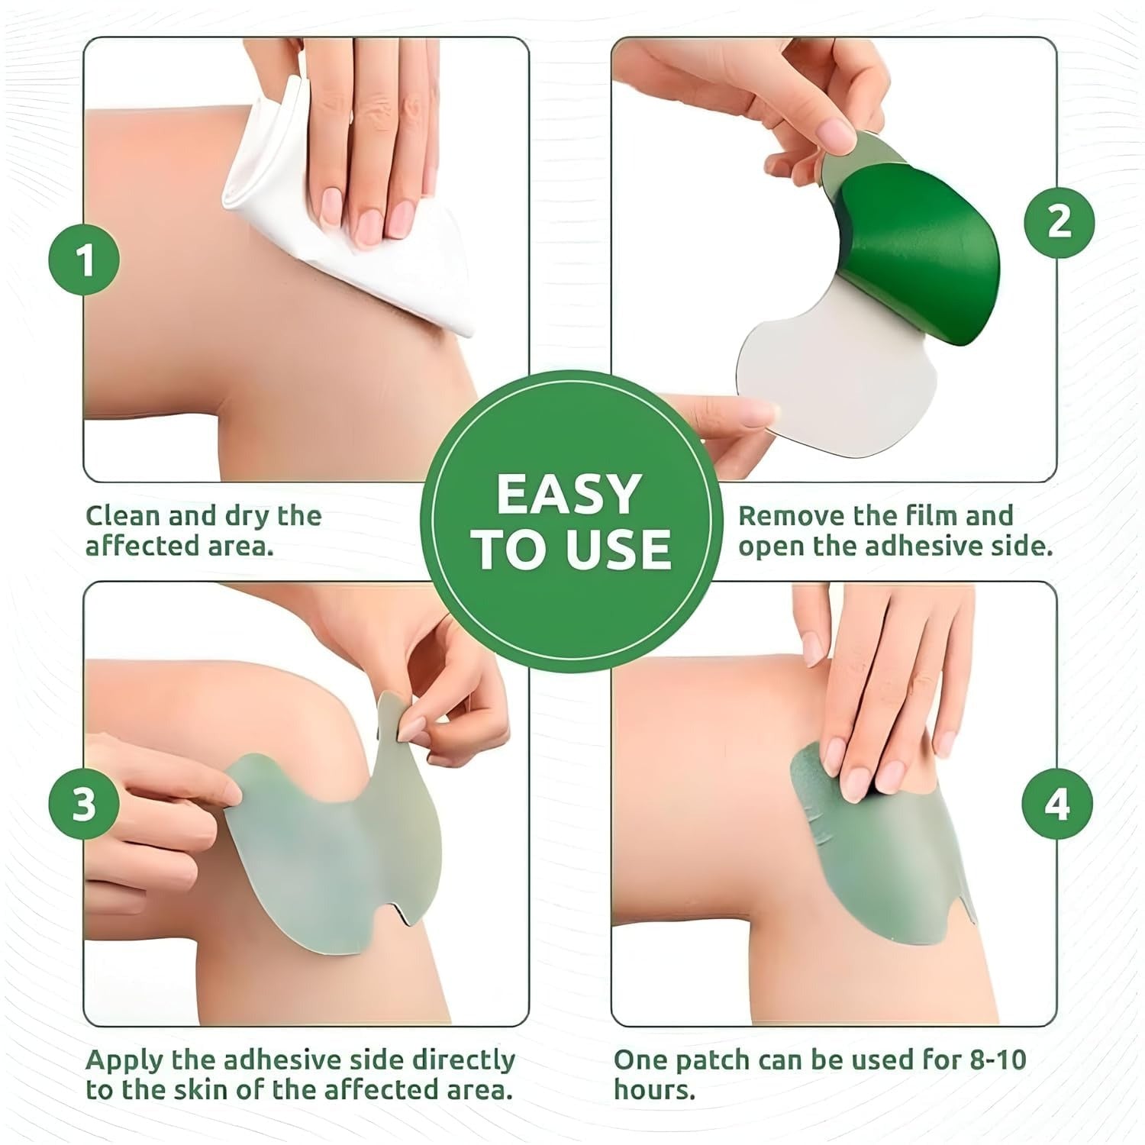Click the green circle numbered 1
[x=85, y=260]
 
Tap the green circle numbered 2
[x=1059, y=222]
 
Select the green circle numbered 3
[x=85, y=804]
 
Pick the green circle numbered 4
[x=1057, y=804]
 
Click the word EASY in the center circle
[x=569, y=495]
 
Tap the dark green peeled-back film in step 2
[x=924, y=244]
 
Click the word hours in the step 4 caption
[x=654, y=1090]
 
